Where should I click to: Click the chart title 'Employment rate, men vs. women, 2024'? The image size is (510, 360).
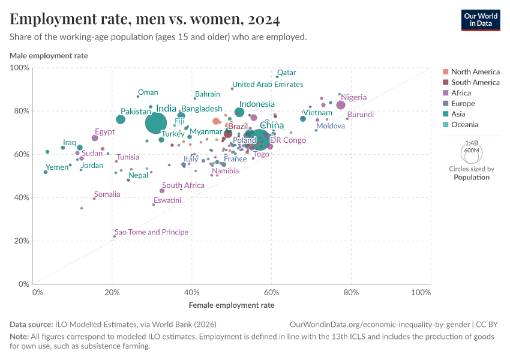145,20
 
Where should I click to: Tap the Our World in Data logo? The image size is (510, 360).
480,20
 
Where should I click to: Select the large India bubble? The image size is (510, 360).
156,123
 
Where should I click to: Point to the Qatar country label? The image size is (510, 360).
286,73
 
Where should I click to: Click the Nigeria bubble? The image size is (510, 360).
341,105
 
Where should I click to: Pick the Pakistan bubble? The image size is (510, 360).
121,119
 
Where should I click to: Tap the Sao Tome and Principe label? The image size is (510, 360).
151,232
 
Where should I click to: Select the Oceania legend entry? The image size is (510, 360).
465,125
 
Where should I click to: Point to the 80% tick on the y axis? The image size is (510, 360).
21,111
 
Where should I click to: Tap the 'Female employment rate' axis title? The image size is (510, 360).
232,305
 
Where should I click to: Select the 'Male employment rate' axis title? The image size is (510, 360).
49,56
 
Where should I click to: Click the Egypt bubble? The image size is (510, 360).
95,138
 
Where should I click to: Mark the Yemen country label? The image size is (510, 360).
58,167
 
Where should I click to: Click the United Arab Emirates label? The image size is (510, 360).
268,85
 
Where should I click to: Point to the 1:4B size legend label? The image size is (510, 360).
472,143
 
